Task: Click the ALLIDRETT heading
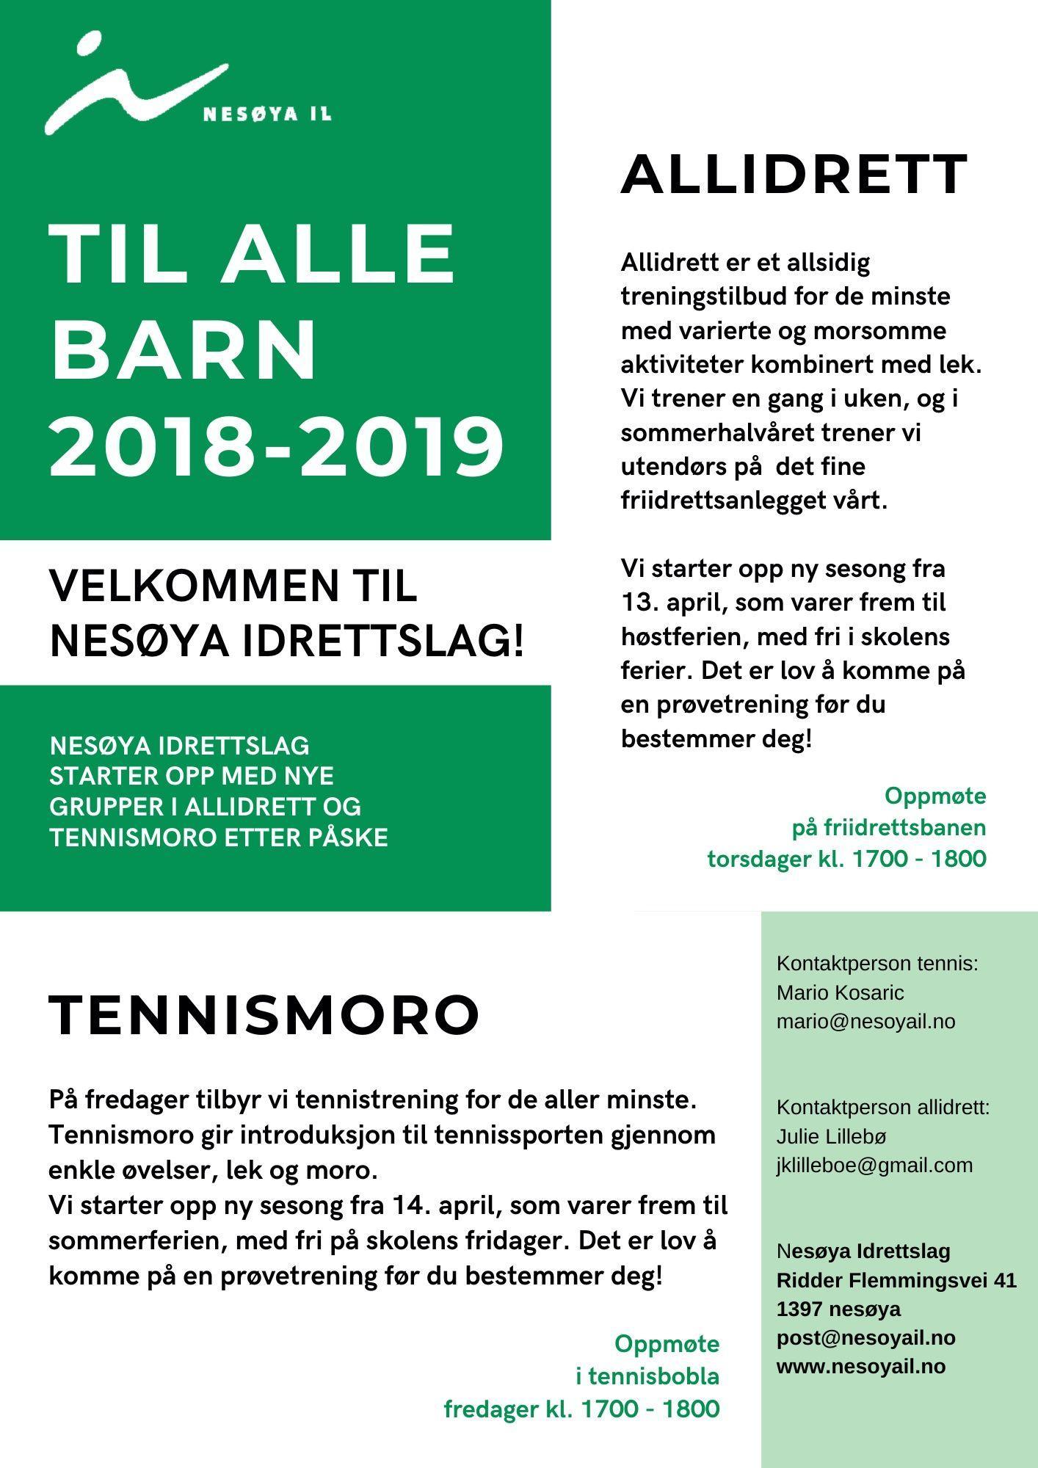click(794, 175)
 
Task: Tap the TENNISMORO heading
click(264, 1015)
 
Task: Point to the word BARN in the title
click(184, 349)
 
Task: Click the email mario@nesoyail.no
click(865, 1021)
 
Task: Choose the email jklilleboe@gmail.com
click(874, 1165)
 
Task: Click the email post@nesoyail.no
click(865, 1337)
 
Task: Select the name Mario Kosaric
click(840, 992)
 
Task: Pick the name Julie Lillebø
click(831, 1136)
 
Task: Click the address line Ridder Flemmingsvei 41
click(896, 1280)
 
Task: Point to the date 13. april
click(670, 603)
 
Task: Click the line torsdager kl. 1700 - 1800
click(846, 858)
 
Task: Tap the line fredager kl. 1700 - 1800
click(581, 1409)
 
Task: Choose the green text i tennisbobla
click(647, 1376)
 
